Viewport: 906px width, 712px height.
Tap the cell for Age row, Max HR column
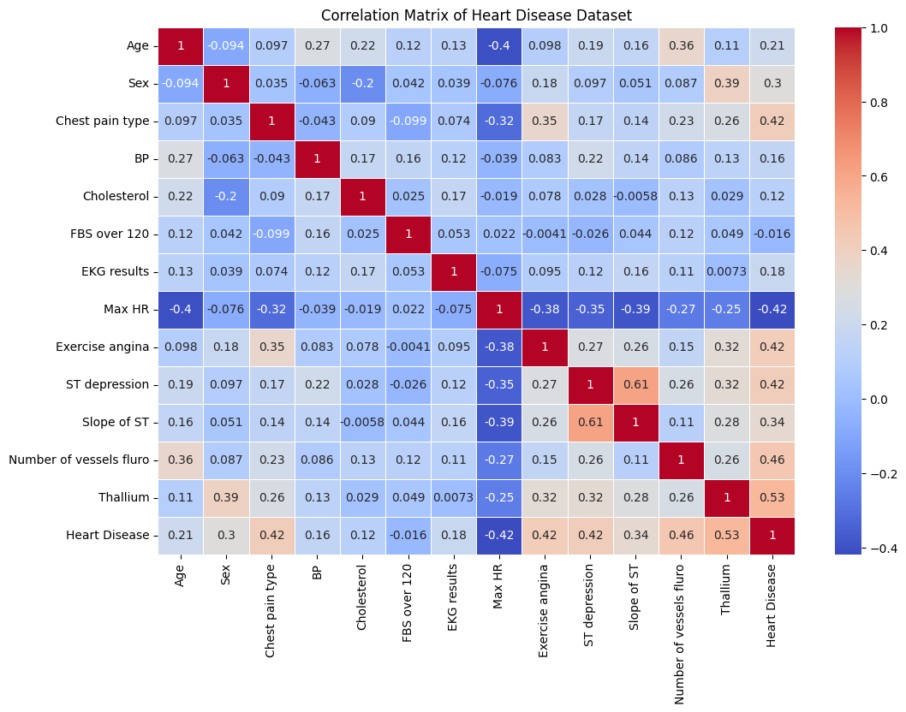click(x=498, y=46)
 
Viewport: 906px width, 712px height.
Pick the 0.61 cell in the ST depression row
click(x=635, y=385)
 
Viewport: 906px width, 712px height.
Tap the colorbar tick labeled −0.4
click(x=868, y=548)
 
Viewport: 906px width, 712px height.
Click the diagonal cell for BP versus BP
click(x=317, y=159)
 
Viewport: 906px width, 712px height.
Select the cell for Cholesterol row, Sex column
click(x=227, y=197)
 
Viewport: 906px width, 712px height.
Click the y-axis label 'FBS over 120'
click(x=112, y=234)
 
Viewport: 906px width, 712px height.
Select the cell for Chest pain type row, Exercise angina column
click(x=544, y=122)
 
